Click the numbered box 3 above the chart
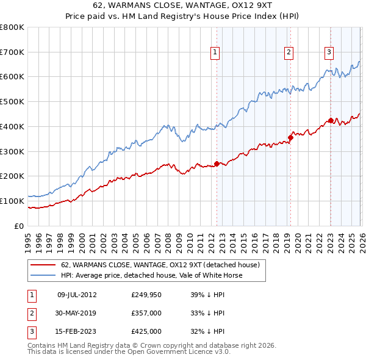coord(329,52)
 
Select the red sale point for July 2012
coord(217,164)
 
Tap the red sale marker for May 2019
coord(290,137)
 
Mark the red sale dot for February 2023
coord(331,120)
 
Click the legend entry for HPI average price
coord(151,275)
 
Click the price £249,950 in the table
coord(146,295)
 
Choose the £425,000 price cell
coord(146,331)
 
